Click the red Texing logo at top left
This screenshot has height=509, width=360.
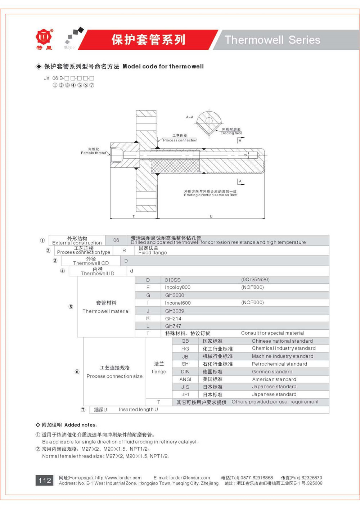coord(44,37)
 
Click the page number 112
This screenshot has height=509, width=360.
coord(45,480)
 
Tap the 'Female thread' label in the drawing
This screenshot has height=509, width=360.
coord(93,153)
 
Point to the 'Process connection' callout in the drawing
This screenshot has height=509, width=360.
coord(180,140)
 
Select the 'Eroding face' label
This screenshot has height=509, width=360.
coord(231,133)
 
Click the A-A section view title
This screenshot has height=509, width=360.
coord(190,117)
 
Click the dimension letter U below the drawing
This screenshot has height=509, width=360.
coord(211,216)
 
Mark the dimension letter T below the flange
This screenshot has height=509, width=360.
coord(134,216)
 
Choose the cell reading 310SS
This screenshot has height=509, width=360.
coord(173,280)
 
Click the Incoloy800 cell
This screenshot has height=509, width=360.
coord(177,287)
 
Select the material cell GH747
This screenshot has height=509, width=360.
coord(173,326)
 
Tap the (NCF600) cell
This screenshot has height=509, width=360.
coord(252,302)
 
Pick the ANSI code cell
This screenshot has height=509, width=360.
coord(185,379)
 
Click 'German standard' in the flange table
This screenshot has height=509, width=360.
coord(272,371)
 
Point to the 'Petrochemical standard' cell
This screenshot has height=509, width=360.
coord(279,364)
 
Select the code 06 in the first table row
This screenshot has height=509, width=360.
coord(116,240)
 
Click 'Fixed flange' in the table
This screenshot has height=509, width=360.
coord(153,252)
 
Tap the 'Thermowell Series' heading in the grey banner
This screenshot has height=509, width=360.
coord(273,40)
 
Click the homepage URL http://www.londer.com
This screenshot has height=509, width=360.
coord(118,478)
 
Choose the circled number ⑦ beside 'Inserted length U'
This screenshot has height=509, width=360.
coord(83,410)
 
